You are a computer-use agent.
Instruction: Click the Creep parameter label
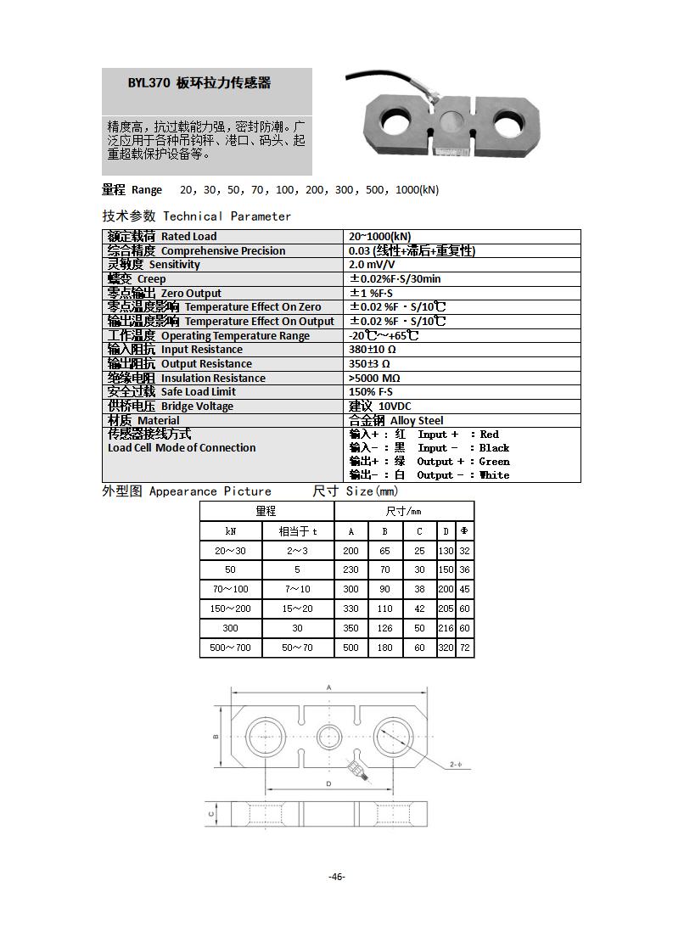click(x=151, y=279)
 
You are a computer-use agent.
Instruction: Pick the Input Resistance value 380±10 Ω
click(x=373, y=350)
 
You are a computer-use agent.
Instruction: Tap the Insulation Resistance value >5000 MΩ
click(x=374, y=379)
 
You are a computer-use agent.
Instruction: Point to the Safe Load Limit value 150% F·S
click(x=373, y=392)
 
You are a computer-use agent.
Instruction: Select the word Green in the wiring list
click(x=494, y=462)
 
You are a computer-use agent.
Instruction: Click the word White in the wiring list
click(x=494, y=475)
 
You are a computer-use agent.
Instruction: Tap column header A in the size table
click(x=351, y=531)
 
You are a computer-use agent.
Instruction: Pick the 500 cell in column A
click(x=351, y=648)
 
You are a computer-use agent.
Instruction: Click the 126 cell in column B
click(x=384, y=628)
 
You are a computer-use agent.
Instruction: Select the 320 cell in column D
click(x=446, y=648)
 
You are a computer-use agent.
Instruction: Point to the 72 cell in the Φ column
click(x=464, y=648)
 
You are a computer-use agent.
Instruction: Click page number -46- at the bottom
click(x=337, y=877)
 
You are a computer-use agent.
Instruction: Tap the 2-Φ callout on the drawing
click(x=456, y=766)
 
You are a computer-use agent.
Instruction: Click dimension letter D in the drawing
click(x=328, y=783)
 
